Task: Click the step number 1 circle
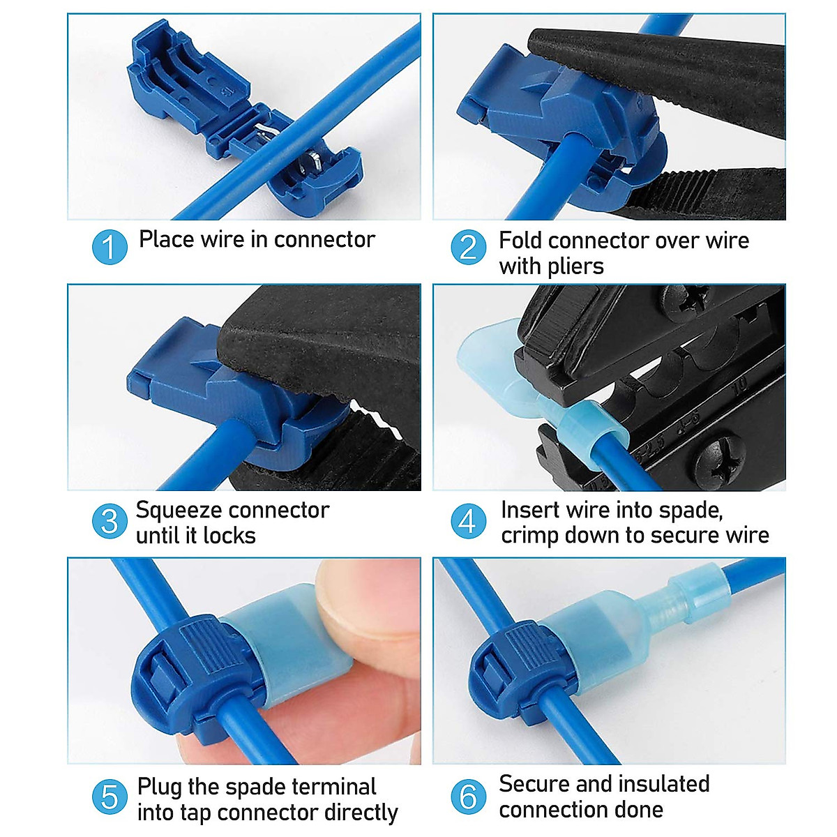click(110, 248)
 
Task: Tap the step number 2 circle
click(469, 248)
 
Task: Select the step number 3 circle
click(110, 521)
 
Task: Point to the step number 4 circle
click(469, 521)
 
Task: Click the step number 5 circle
click(110, 797)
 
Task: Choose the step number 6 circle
click(469, 797)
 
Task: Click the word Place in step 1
click(166, 239)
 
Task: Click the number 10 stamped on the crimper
click(739, 385)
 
